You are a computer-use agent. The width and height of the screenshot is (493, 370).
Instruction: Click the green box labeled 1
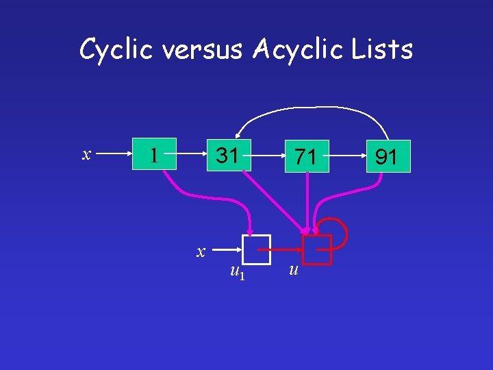click(155, 154)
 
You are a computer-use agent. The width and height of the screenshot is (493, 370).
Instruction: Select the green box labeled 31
click(229, 155)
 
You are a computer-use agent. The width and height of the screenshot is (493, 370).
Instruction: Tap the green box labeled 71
click(306, 157)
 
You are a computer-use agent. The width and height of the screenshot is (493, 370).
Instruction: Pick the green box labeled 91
click(388, 156)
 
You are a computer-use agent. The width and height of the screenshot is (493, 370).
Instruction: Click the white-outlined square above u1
click(256, 249)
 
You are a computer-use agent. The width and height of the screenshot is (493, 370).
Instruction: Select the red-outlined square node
click(317, 249)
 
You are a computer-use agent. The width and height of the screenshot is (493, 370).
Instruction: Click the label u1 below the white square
click(237, 273)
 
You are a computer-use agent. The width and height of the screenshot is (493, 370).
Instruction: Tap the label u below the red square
click(293, 271)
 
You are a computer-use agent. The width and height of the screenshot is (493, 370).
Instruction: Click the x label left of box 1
click(87, 154)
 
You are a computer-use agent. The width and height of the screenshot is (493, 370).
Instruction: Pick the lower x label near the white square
click(201, 251)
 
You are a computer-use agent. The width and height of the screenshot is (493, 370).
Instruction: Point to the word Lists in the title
click(386, 49)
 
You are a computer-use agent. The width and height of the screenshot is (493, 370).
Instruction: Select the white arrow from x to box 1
click(112, 154)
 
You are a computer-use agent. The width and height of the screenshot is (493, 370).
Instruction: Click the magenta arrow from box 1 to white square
click(205, 199)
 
